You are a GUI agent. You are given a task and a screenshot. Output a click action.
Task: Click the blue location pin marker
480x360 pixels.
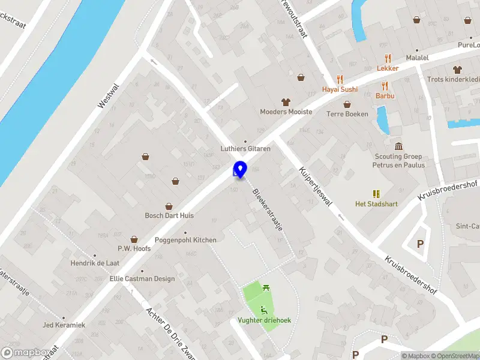tap(241, 169)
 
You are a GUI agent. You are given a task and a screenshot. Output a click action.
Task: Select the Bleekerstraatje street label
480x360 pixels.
tap(267, 211)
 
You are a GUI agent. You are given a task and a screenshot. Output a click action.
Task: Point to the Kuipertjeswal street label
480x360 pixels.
tap(316, 186)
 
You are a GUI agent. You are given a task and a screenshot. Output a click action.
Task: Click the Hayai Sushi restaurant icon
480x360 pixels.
tap(340, 79)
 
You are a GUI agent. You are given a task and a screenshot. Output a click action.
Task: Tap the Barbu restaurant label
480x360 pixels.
tap(385, 95)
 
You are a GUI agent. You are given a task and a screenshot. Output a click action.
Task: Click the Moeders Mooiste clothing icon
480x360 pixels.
tap(286, 102)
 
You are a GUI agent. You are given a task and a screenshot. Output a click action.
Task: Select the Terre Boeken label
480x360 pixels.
tap(347, 114)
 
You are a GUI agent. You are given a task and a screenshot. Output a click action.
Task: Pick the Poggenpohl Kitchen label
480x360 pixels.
tap(185, 240)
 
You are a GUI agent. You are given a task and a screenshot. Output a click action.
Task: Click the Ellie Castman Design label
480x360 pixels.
tap(142, 278)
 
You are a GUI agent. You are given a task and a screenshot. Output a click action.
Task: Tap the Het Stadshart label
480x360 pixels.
tap(376, 203)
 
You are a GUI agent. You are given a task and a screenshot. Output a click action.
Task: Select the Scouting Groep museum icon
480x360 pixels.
tap(398, 146)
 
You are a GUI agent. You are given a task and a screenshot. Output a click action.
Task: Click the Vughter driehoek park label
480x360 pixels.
tap(264, 320)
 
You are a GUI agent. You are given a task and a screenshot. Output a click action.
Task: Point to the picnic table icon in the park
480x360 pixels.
tap(265, 289)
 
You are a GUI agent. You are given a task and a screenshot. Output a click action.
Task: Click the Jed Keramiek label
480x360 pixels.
tap(64, 325)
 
